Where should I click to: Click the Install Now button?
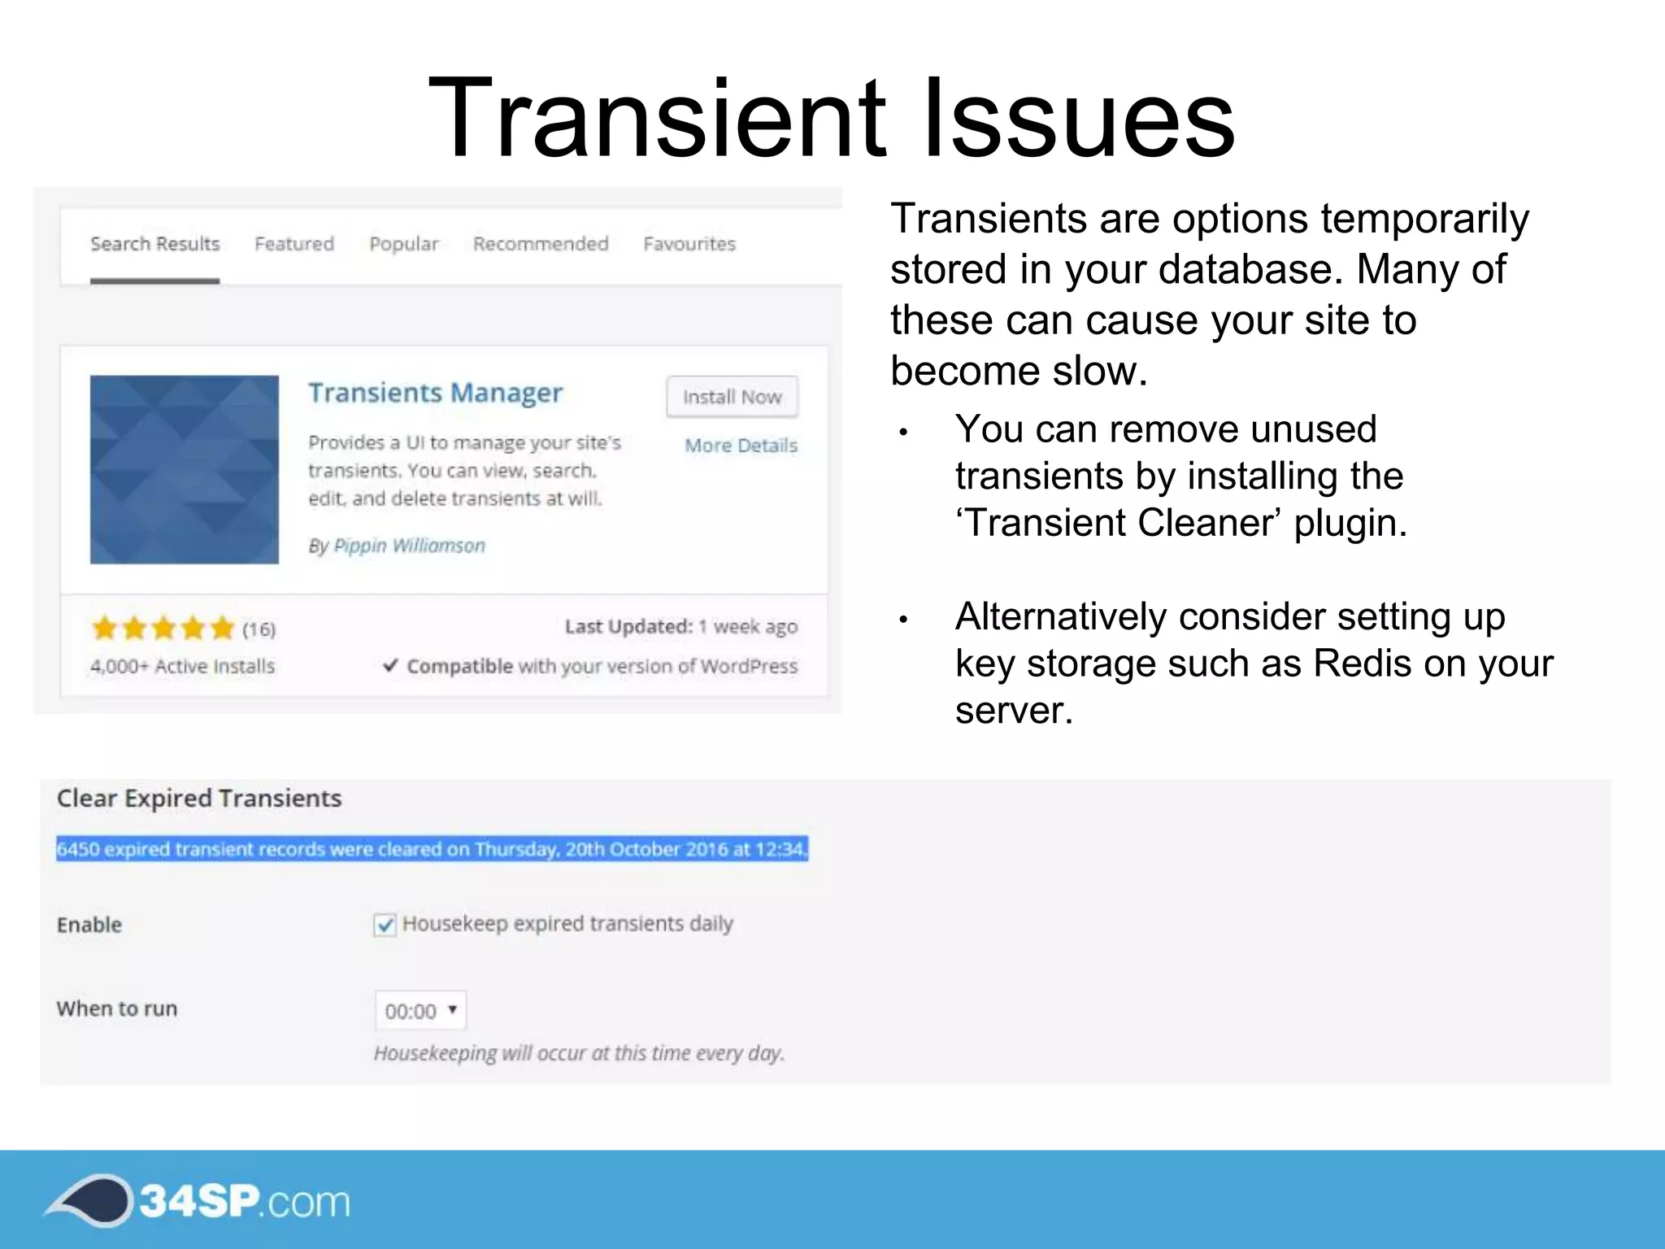[732, 397]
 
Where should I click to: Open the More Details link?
[741, 446]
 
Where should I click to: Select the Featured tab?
[293, 244]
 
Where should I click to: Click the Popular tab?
[403, 244]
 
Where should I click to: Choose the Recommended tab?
[541, 244]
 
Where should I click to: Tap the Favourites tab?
[689, 244]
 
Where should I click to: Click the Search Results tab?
[154, 244]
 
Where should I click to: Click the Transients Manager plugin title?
[435, 393]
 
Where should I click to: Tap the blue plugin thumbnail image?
[185, 469]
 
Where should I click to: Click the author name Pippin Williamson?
[409, 546]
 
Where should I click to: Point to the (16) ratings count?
[259, 629]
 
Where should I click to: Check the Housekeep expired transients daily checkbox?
[385, 925]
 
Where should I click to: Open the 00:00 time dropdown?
[420, 1011]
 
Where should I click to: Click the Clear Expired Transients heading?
[199, 799]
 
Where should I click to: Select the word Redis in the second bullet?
[1364, 664]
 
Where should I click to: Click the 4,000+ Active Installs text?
[182, 666]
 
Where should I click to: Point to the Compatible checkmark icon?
[390, 665]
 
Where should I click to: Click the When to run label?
[117, 1008]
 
